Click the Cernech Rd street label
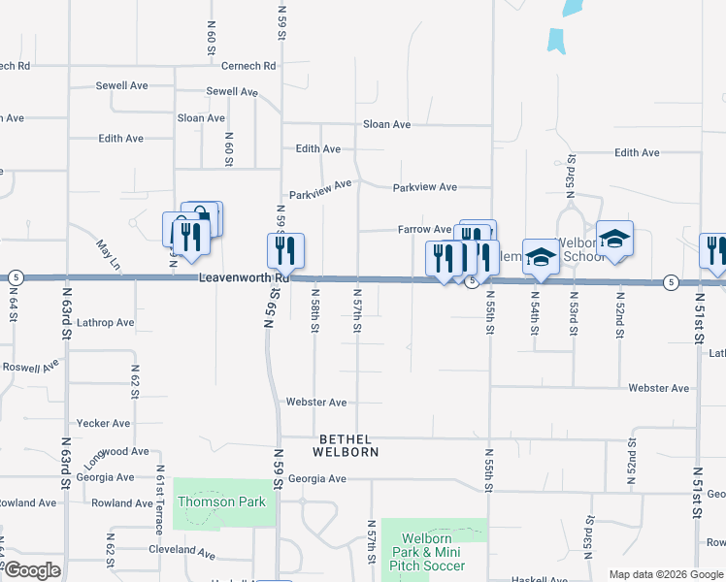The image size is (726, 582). click(x=248, y=66)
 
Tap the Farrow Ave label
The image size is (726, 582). click(x=424, y=230)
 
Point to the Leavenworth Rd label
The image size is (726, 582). click(x=233, y=277)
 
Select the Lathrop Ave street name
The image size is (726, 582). click(x=106, y=322)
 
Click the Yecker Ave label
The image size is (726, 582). click(x=102, y=424)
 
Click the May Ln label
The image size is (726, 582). click(x=108, y=254)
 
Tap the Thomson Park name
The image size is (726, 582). click(x=209, y=502)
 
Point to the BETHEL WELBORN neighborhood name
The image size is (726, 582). click(x=345, y=445)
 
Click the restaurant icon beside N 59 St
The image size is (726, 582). click(x=285, y=251)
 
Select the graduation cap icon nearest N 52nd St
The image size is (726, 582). click(x=614, y=239)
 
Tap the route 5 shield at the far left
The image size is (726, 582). click(x=15, y=277)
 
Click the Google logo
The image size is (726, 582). click(x=32, y=571)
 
